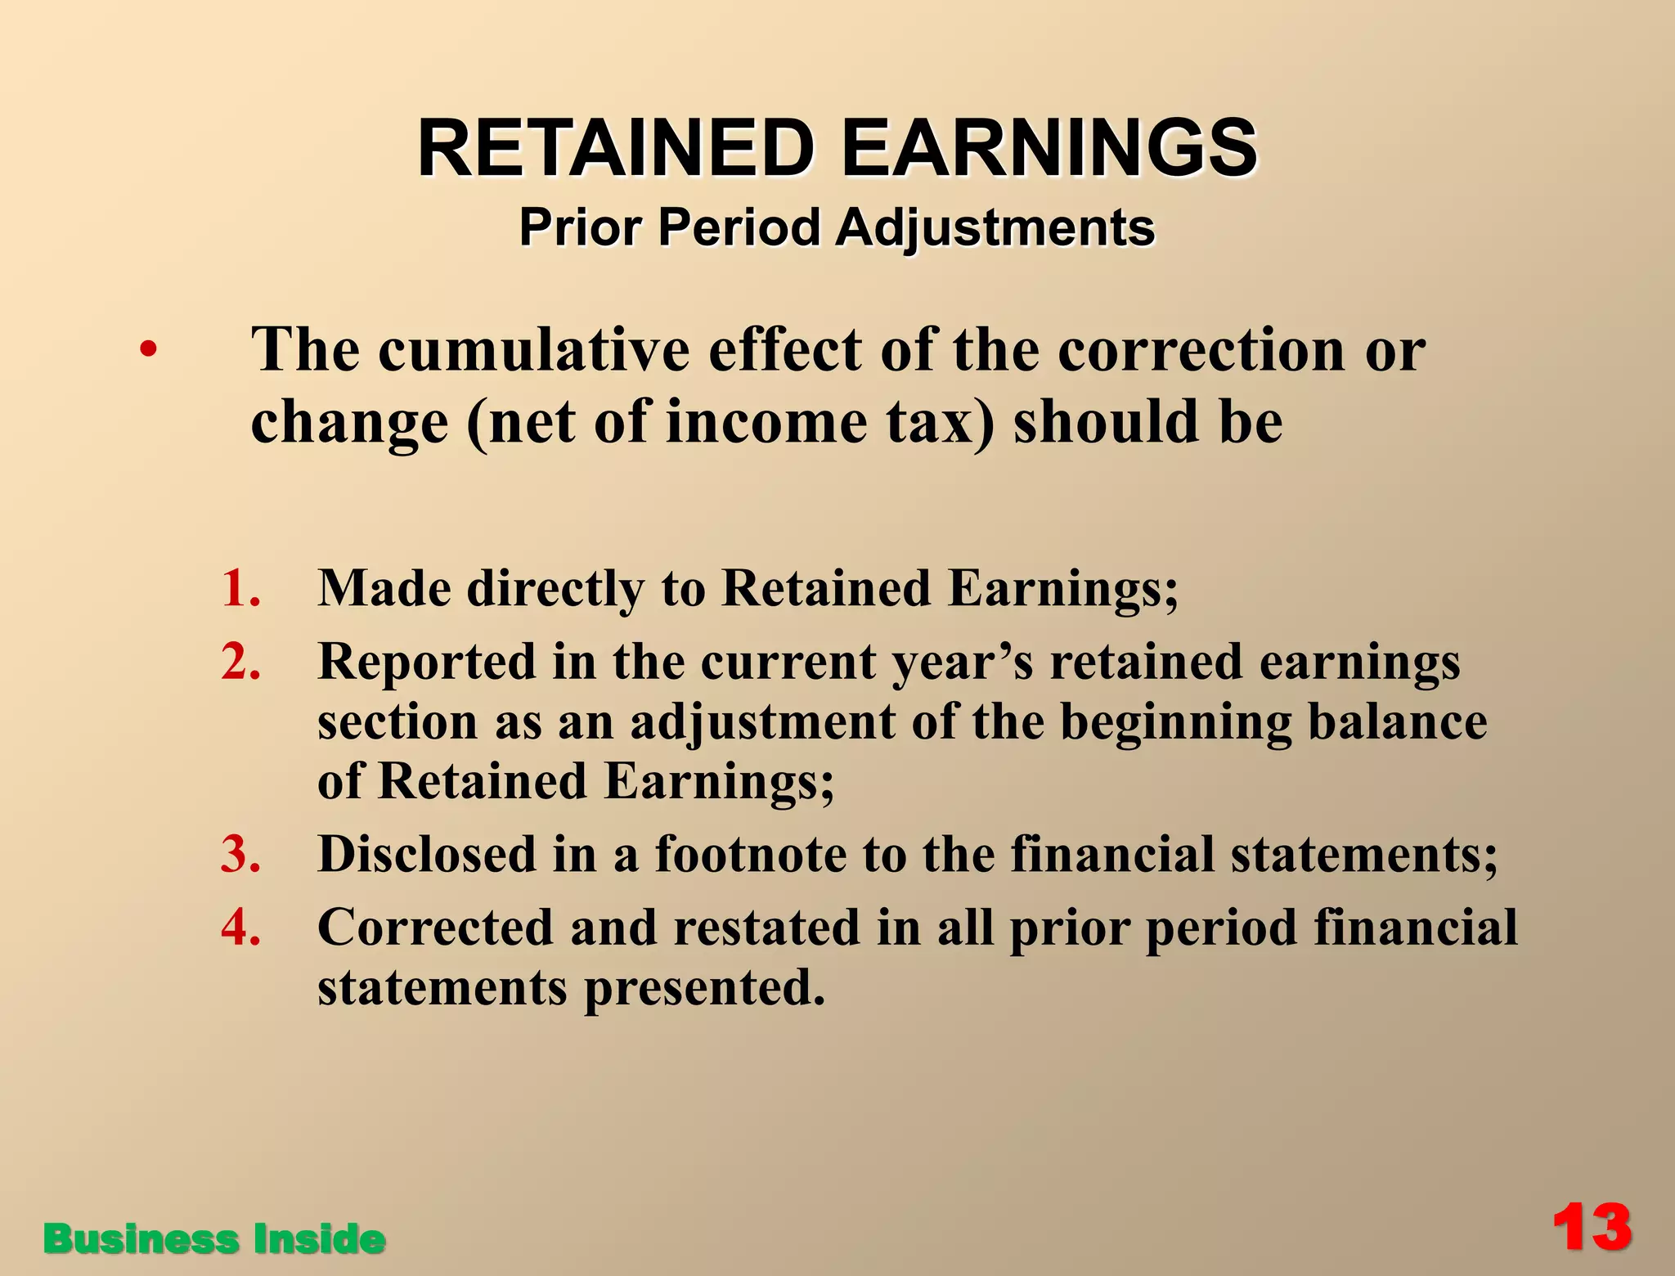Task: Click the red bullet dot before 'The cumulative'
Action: pos(147,350)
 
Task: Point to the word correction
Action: pos(1201,349)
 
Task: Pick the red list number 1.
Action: pos(240,588)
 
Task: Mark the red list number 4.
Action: pos(240,928)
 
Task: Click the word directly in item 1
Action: pos(555,589)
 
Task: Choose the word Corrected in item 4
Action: pos(435,928)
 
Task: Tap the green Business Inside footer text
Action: pos(214,1238)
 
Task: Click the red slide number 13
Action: pos(1592,1229)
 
